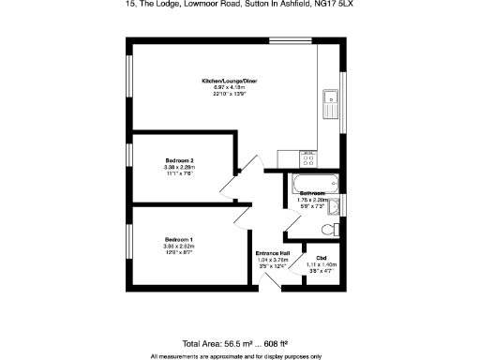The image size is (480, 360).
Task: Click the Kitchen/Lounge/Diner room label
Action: coord(230,82)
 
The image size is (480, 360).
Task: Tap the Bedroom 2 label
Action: coord(179,161)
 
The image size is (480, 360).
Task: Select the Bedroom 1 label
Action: coord(179,239)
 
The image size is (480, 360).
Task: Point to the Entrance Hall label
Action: coord(272,253)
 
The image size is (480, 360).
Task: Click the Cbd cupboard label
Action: coord(321,258)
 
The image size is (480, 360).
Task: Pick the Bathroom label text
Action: coord(312,193)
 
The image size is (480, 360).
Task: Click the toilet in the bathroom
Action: coord(328,229)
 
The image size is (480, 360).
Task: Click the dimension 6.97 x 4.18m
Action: coord(230,87)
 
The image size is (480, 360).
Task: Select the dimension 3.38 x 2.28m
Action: coord(179,168)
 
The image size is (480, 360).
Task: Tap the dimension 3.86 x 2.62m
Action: coord(179,246)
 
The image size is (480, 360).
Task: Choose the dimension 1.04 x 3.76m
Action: coord(272,260)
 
